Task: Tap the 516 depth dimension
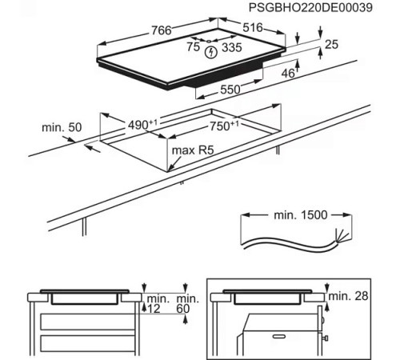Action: pos(253,29)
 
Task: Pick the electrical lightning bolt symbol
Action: pos(211,53)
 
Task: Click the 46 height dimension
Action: pos(289,74)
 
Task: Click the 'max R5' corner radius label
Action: pos(190,150)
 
